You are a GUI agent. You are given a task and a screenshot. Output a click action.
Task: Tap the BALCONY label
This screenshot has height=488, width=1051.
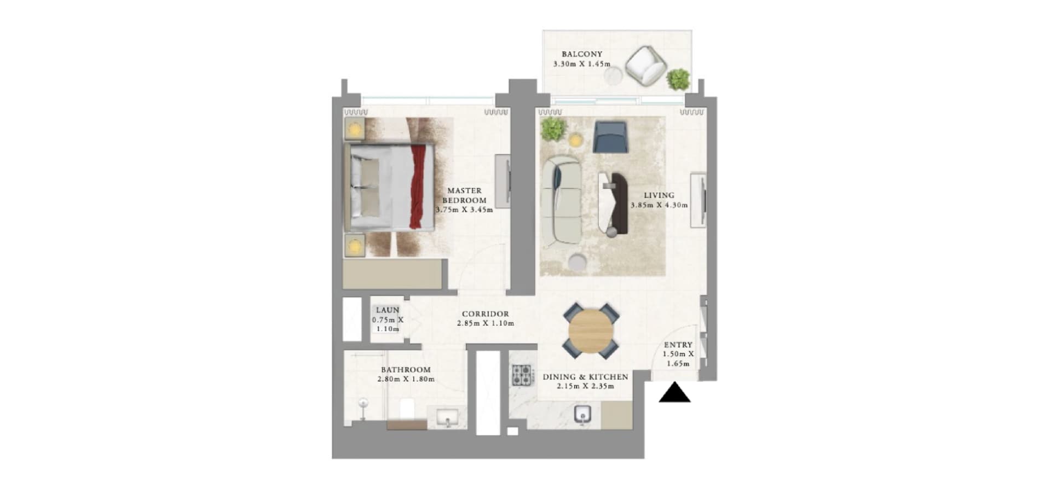coord(582,54)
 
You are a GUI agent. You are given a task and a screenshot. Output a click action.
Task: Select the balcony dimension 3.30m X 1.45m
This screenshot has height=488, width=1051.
coord(582,64)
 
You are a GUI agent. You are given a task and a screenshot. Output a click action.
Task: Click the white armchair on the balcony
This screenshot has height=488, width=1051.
coord(646,67)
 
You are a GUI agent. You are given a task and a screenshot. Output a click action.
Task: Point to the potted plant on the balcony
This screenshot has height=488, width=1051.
coord(679,80)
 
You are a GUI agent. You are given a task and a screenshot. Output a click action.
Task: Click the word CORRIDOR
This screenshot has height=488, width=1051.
coord(486,314)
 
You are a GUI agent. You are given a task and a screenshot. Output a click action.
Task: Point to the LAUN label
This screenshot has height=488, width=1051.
coord(388,310)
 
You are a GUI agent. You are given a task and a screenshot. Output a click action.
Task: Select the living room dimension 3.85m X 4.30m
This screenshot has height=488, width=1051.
coord(659,205)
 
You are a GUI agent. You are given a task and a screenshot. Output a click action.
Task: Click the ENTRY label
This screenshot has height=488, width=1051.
coord(678,345)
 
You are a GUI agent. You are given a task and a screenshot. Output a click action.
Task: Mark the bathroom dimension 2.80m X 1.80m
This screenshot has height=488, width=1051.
coord(406,379)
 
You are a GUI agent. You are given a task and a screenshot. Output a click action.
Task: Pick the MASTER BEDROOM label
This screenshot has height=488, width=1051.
coord(464,195)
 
